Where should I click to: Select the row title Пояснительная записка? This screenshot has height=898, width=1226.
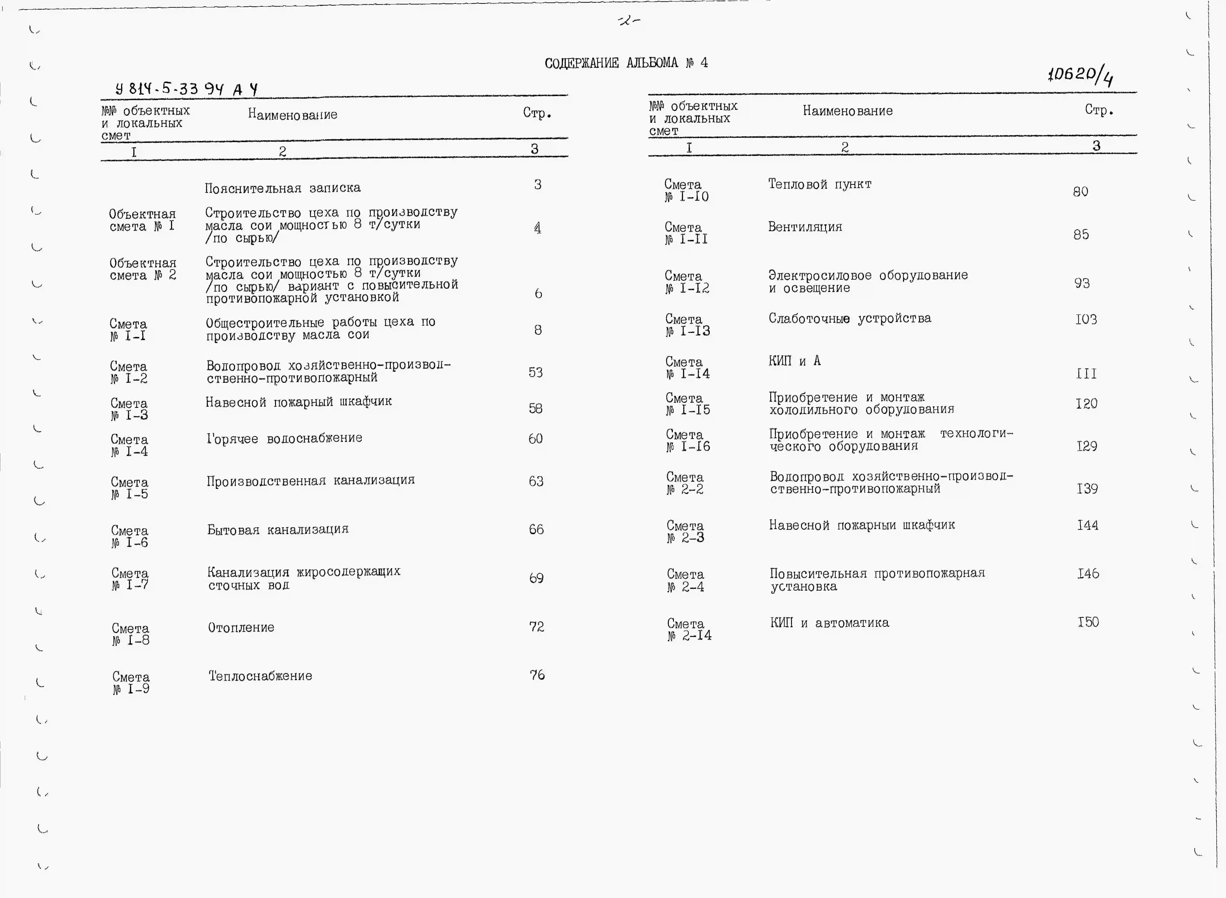(282, 188)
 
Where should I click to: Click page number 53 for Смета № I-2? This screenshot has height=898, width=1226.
(536, 372)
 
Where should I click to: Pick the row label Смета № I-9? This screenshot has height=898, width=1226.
(131, 683)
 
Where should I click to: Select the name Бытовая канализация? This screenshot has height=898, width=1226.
(278, 529)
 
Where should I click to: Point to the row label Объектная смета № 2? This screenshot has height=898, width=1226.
(143, 269)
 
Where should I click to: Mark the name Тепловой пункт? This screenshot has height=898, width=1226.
(820, 184)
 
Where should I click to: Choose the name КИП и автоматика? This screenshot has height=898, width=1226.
(829, 623)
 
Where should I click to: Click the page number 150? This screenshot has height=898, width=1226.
(1088, 622)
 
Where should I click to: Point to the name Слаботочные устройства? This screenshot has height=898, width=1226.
(849, 319)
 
